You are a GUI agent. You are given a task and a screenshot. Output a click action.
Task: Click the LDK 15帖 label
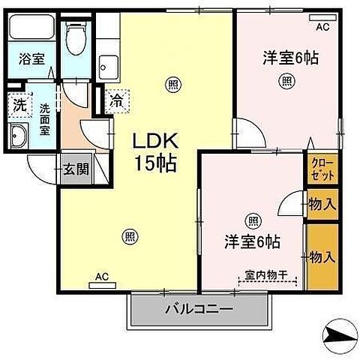pyautogui.click(x=155, y=152)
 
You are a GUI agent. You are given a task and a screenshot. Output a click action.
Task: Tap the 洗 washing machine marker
pyautogui.click(x=19, y=104)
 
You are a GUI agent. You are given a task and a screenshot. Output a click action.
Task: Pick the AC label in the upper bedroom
pyautogui.click(x=322, y=27)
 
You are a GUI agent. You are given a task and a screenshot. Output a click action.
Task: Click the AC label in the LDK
pyautogui.click(x=102, y=277)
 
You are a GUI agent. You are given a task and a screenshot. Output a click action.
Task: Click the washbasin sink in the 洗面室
pyautogui.click(x=19, y=137)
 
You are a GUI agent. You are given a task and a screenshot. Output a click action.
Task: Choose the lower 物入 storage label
pyautogui.click(x=322, y=257)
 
